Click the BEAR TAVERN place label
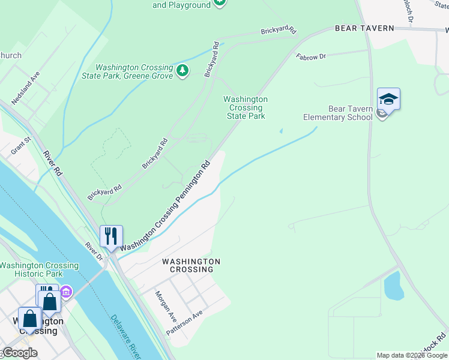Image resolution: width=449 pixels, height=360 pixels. [x=364, y=28]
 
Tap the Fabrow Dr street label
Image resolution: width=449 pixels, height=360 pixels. [x=310, y=56]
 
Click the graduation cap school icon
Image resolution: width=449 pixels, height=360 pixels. [x=388, y=99]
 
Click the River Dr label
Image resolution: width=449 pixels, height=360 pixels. [x=94, y=251]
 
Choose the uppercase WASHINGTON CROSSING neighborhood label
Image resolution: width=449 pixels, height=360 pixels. [x=191, y=265]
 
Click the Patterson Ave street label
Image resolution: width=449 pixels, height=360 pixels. [x=185, y=322]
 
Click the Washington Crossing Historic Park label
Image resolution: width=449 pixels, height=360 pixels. [x=39, y=269]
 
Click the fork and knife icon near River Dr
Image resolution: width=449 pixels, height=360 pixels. [x=111, y=236]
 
